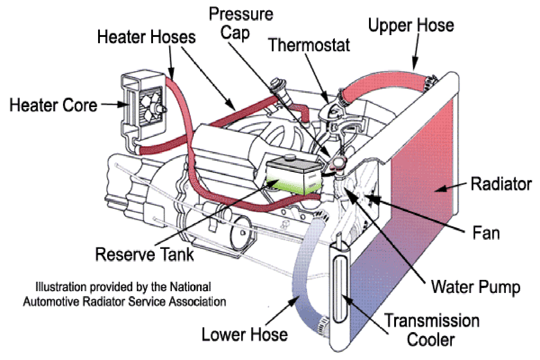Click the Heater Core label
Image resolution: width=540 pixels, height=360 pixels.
point(53,105)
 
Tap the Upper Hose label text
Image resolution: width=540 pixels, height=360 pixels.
point(411,25)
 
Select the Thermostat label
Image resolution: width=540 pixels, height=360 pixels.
point(309,45)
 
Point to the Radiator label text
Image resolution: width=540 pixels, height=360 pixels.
point(501,184)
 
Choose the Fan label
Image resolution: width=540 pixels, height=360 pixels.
point(486,234)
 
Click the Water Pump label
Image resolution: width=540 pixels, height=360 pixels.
point(476,287)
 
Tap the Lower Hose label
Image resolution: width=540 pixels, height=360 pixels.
point(244,335)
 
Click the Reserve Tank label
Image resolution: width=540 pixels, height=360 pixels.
point(144,254)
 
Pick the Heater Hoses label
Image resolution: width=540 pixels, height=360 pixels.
point(147,37)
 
